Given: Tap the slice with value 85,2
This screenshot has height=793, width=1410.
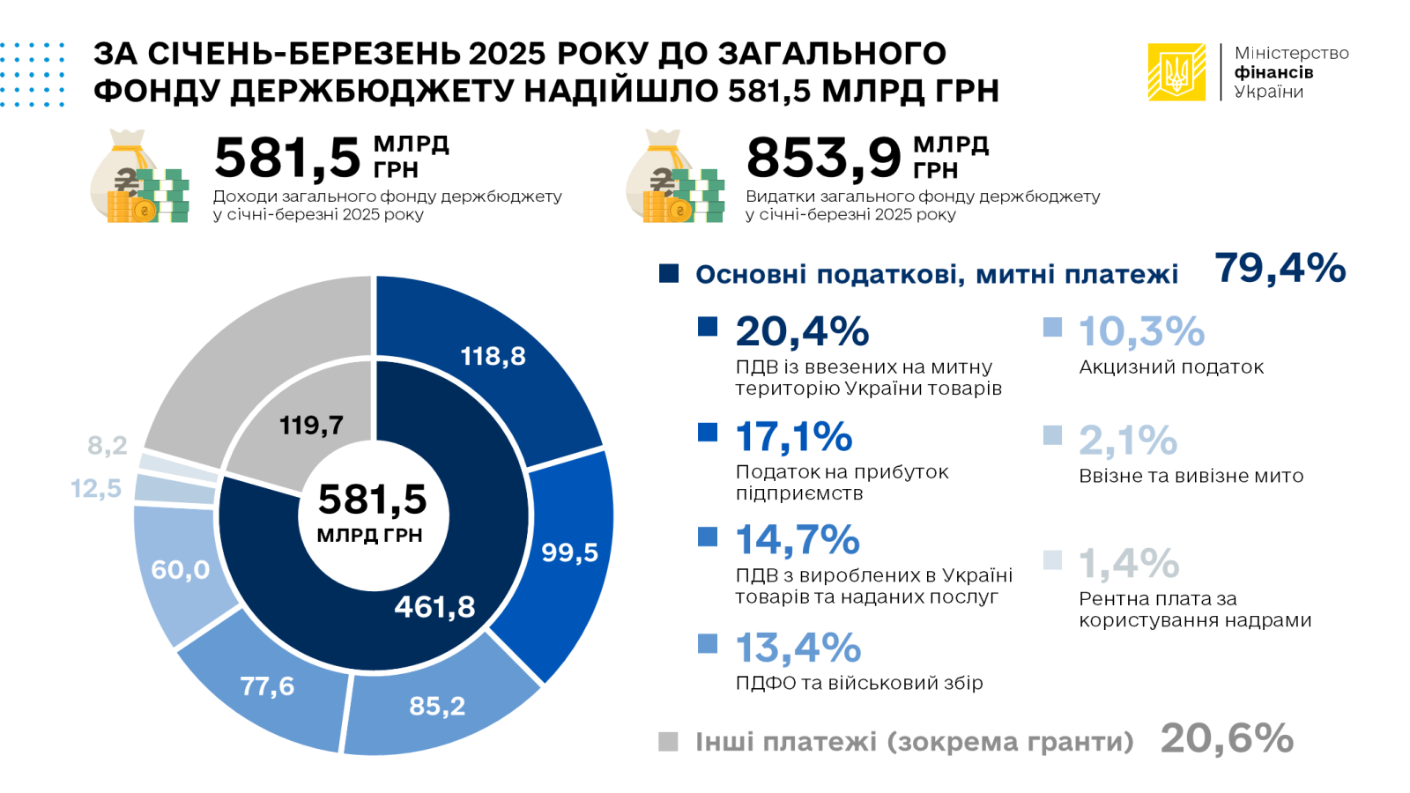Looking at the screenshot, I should [437, 706].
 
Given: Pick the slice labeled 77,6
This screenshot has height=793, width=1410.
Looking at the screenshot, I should [267, 686].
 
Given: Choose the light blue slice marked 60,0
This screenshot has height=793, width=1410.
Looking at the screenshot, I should [180, 570].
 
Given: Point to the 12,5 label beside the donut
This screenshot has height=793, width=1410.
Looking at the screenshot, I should [96, 488].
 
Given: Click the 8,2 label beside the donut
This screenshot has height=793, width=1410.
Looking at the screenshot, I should [107, 446].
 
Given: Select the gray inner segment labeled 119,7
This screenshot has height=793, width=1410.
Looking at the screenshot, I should [311, 426].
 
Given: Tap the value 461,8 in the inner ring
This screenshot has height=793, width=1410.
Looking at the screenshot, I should [434, 607].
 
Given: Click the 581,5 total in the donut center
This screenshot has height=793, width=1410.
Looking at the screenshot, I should [372, 500].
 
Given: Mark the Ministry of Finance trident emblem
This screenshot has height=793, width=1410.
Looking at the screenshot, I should [1176, 72].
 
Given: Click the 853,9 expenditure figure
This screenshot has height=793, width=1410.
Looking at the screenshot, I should [824, 158].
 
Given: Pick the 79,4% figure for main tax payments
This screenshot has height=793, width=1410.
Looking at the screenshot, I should [1280, 268].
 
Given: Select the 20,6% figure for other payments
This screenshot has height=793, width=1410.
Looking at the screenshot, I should [1227, 738].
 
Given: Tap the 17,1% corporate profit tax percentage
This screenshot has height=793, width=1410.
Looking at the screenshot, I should [794, 437].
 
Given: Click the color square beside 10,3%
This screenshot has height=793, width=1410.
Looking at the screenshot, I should [1052, 327].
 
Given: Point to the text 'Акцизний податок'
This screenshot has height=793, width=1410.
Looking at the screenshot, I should [1171, 367].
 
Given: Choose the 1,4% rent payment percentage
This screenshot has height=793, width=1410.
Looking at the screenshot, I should [1129, 564].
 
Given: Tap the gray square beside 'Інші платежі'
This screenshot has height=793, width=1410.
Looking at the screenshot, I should [669, 742].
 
